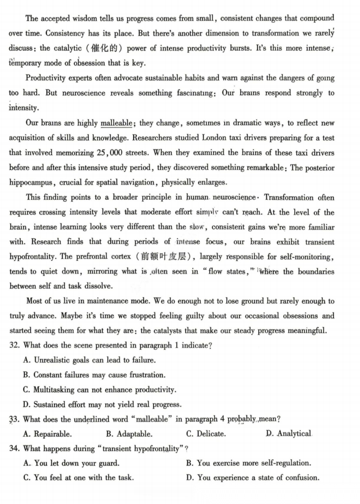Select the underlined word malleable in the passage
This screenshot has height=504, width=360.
coord(116,123)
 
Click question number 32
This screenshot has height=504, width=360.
coord(14,345)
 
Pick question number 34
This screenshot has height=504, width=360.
coord(14,448)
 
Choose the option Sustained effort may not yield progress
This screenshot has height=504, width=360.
coord(102,405)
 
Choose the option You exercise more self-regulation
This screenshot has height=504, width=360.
coord(248,463)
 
